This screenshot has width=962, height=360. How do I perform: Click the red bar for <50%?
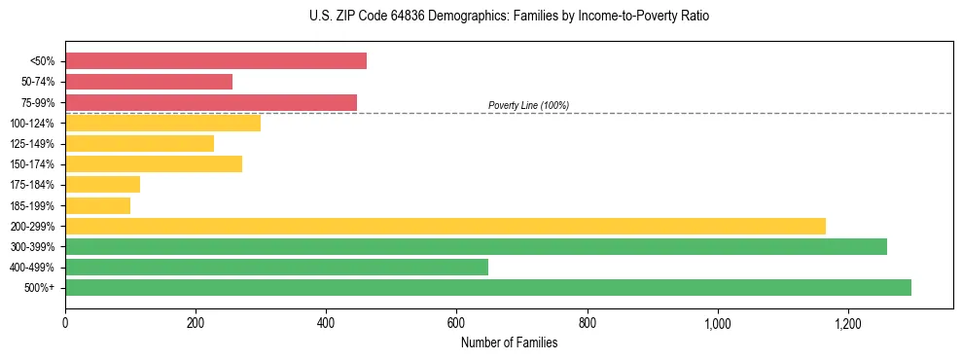pyautogui.click(x=216, y=61)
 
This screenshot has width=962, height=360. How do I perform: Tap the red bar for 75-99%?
pyautogui.click(x=211, y=102)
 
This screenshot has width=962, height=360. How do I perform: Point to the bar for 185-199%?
pyautogui.click(x=97, y=205)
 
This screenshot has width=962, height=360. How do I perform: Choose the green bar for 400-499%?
pyautogui.click(x=276, y=267)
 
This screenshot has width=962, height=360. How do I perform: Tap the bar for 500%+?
pyautogui.click(x=488, y=287)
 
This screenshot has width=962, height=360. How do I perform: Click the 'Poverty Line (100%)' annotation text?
pyautogui.click(x=528, y=105)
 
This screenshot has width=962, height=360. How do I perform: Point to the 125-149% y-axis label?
pyautogui.click(x=32, y=144)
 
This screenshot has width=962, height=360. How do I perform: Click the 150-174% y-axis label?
pyautogui.click(x=32, y=164)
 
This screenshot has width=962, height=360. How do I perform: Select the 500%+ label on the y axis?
pyautogui.click(x=40, y=288)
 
